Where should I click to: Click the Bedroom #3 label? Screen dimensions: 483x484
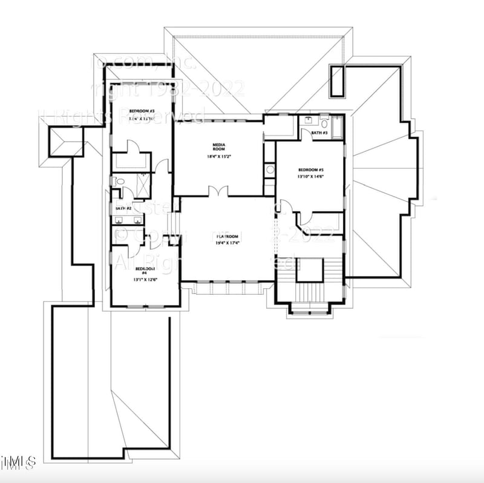click(141, 111)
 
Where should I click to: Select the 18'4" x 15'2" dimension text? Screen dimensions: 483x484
click(218, 157)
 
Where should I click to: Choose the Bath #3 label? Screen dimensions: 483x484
click(319, 132)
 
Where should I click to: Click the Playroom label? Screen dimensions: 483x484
click(227, 237)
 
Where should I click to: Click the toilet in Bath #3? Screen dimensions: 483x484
click(324, 126)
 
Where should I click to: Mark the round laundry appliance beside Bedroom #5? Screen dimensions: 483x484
click(270, 170)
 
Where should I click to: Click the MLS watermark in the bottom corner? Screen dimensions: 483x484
click(18, 462)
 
